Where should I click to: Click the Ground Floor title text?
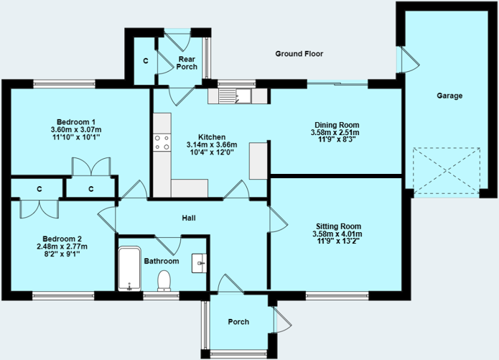click(299, 54)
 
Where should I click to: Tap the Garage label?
click(450, 96)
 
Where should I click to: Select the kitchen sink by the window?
click(233, 96)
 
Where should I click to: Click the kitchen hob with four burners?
click(162, 143)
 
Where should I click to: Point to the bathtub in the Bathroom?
click(130, 269)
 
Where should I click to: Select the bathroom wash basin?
click(199, 264)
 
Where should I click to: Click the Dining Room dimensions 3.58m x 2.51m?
click(335, 132)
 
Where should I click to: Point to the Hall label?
click(189, 218)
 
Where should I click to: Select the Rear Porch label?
click(187, 63)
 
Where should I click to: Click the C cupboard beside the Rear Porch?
click(145, 61)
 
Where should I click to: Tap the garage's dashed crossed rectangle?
click(445, 170)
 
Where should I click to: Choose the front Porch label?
click(238, 321)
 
